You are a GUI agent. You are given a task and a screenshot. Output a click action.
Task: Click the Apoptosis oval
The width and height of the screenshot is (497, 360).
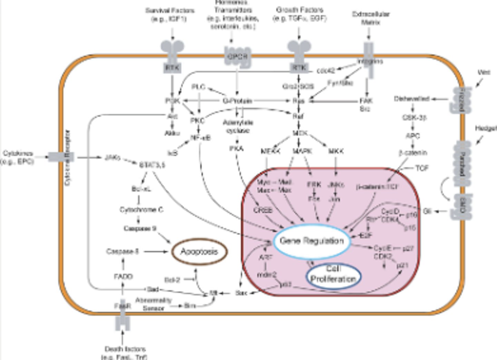coord(199,252)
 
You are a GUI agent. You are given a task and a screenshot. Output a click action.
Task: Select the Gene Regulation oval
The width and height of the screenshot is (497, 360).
coord(312,241)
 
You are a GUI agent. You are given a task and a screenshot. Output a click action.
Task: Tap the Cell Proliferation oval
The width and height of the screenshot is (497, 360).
coord(333,275)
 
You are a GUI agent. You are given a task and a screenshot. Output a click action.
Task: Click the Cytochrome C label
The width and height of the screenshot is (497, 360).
coord(142,210)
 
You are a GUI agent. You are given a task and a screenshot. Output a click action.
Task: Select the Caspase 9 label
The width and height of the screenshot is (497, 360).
coord(140,228)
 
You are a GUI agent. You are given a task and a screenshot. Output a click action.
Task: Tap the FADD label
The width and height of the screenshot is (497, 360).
coord(123,276)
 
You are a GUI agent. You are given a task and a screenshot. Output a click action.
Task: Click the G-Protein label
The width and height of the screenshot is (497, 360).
coord(237,101)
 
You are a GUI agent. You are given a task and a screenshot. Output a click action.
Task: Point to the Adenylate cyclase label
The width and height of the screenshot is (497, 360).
coord(238,127)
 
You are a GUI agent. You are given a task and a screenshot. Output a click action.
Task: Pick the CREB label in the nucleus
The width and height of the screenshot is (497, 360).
coord(263,210)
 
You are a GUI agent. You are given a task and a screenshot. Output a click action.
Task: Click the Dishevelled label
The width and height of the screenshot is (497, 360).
coord(411,99)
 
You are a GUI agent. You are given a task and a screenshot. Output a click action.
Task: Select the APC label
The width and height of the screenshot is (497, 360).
coord(412,136)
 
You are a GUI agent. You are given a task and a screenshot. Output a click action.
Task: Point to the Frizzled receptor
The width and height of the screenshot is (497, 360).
coord(461,100)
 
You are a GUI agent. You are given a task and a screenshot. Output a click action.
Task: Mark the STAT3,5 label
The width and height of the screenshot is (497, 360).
coord(152,165)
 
